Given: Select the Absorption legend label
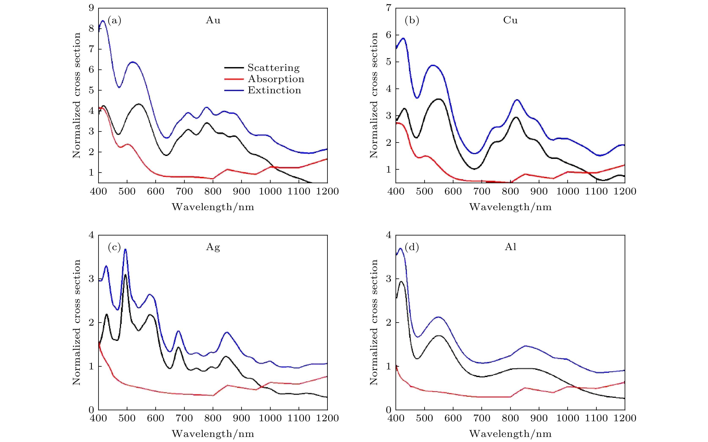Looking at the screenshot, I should pos(276,79).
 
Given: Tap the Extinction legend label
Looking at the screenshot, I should pos(274,90).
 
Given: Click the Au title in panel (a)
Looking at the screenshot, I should pos(213,20).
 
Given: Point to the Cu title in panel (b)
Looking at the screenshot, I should pos(510,20).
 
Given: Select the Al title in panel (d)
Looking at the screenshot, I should pos(510,247).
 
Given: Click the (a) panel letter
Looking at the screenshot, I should pos(114,21).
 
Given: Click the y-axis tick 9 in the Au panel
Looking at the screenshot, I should pos(91,8).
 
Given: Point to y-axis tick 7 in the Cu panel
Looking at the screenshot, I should pos(388,8).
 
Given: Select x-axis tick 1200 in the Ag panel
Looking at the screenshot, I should pos(327,418).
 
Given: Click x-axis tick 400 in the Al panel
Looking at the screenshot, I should pos(396,418).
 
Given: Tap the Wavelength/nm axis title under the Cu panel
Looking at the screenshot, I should pos(510,207).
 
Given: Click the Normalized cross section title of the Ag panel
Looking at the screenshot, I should pos(77,322).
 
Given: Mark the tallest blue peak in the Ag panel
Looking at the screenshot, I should pos(125,249).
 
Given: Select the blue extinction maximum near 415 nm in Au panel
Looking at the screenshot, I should pos(103,21).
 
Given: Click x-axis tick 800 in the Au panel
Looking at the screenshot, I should pos(213,191).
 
